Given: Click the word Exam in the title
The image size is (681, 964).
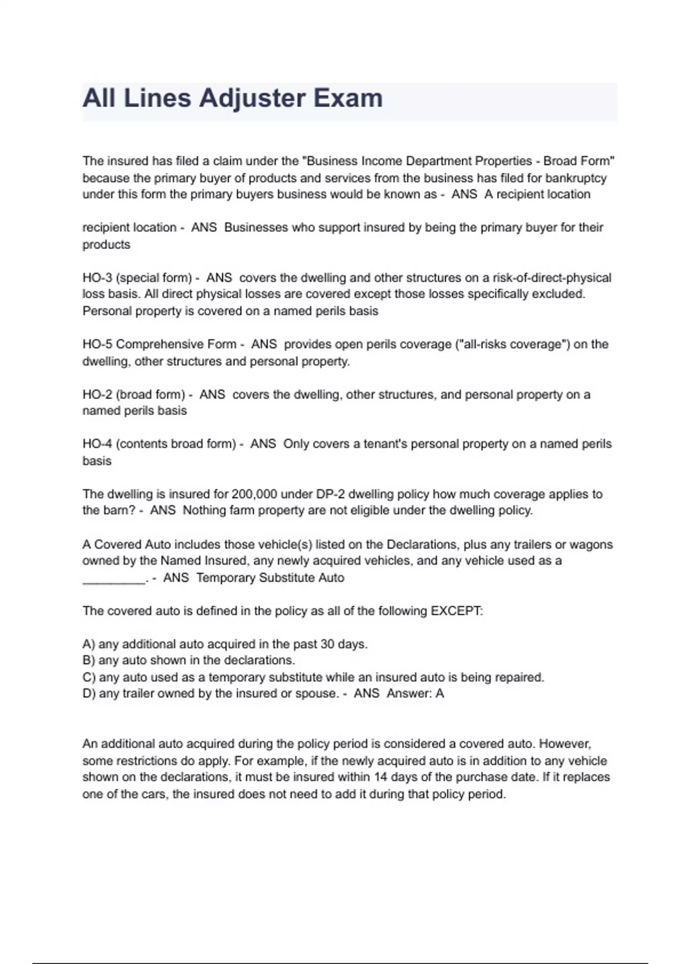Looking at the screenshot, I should (x=348, y=99).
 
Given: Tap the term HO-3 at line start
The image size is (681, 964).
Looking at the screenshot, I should (x=97, y=278).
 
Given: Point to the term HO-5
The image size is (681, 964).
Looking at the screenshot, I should (x=97, y=344).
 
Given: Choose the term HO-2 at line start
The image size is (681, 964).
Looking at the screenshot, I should (x=97, y=395).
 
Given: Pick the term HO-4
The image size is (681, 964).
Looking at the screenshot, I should (x=97, y=444).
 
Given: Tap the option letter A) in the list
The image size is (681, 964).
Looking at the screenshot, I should (x=89, y=644).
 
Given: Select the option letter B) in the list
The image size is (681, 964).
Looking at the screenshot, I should (x=89, y=661).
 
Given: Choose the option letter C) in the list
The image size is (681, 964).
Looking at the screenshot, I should (x=89, y=678).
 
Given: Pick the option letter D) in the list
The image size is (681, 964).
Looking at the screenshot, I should (x=89, y=694).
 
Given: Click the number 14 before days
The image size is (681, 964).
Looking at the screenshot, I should (x=381, y=777).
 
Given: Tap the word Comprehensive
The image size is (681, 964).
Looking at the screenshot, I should (x=176, y=344).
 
